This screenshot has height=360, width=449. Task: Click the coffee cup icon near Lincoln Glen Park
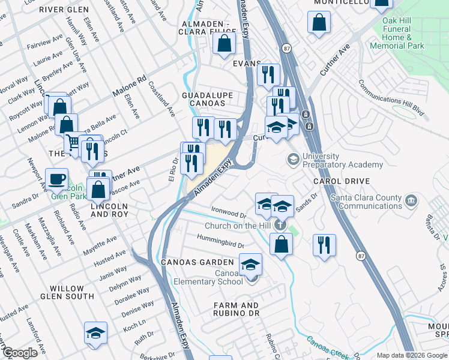point(56,179)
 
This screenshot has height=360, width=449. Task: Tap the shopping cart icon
point(73,142)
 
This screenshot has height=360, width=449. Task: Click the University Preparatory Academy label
point(342,161)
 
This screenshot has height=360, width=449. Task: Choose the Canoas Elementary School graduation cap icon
point(251,264)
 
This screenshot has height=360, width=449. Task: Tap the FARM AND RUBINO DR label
point(236,309)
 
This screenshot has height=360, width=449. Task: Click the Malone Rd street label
point(129,87)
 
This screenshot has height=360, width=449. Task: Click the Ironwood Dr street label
point(229,212)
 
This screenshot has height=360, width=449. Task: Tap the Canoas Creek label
point(327,346)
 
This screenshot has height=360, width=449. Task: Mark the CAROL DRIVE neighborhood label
point(340,181)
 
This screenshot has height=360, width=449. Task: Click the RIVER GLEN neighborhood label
point(64,10)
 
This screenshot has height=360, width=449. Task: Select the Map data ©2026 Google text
point(412,355)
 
